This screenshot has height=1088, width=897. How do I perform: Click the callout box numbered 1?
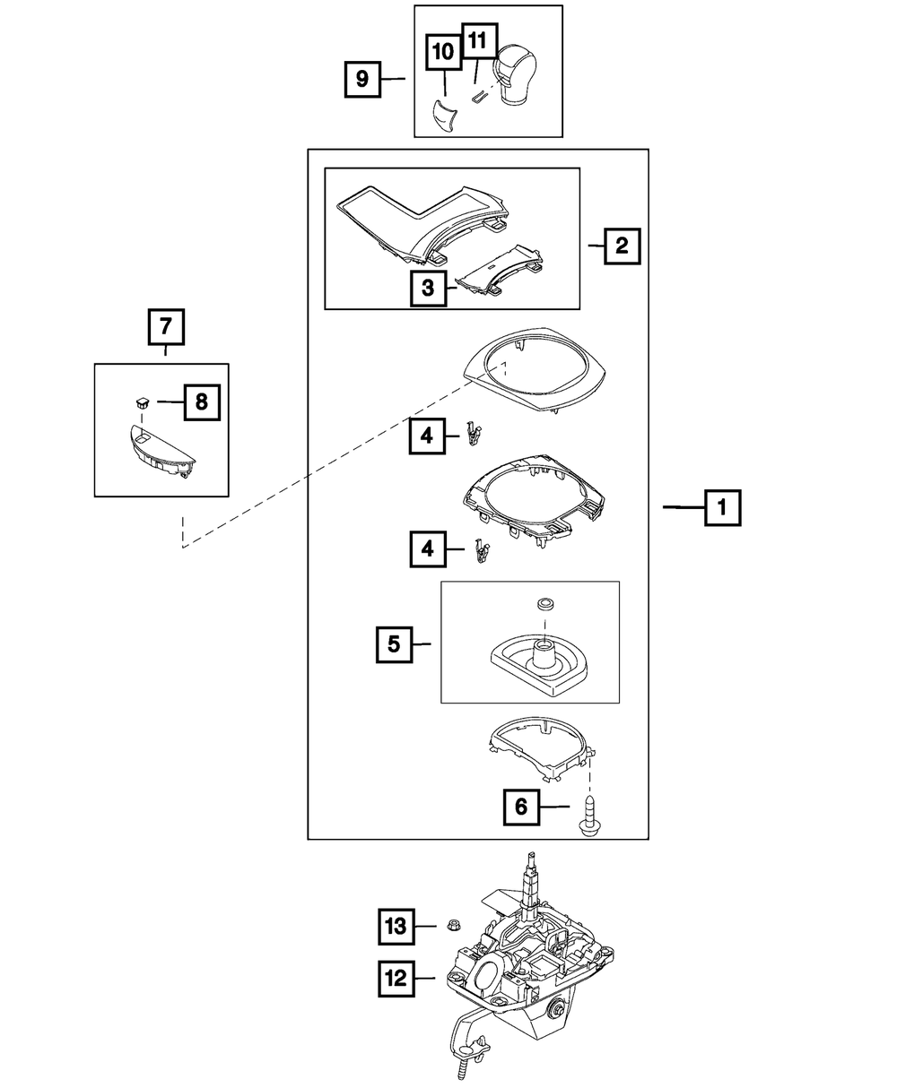[722, 508]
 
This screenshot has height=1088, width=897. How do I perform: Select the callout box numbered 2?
[622, 244]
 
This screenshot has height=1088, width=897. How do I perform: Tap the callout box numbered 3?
[429, 289]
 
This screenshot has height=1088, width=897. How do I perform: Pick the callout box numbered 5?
[394, 643]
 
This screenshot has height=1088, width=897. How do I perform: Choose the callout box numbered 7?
[166, 328]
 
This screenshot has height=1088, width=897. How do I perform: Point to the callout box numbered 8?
[201, 402]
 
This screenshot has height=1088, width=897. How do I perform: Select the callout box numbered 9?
[362, 79]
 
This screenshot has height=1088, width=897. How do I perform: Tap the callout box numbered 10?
[443, 52]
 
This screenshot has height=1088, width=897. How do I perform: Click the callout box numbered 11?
[477, 41]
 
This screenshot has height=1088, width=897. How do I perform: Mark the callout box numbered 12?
[395, 980]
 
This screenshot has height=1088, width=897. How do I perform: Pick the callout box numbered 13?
[395, 926]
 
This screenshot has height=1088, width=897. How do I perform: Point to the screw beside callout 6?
[589, 816]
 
